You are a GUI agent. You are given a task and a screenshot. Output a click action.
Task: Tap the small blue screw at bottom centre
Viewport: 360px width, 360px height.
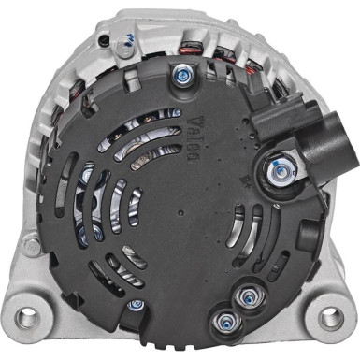pos(137,304)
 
